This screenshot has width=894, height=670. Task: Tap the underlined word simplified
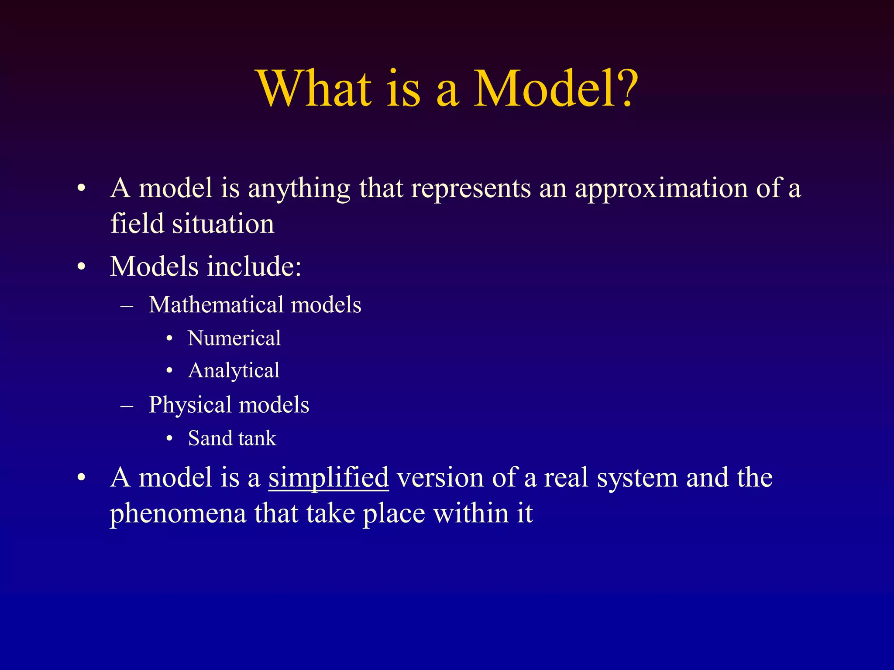pos(328,478)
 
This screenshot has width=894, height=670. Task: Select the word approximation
pos(661,189)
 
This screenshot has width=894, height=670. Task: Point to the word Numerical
pos(234,338)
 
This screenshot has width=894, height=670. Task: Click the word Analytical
pos(234,371)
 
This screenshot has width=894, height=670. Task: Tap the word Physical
pos(190,405)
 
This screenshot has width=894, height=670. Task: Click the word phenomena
pos(178,514)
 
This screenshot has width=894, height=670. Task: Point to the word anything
pos(299,189)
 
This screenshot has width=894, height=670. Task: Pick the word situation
pos(223,224)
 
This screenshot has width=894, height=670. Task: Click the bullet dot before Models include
pos(81,267)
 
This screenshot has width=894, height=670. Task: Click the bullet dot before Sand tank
pos(170,439)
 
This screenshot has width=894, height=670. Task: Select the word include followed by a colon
pos(254,267)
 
